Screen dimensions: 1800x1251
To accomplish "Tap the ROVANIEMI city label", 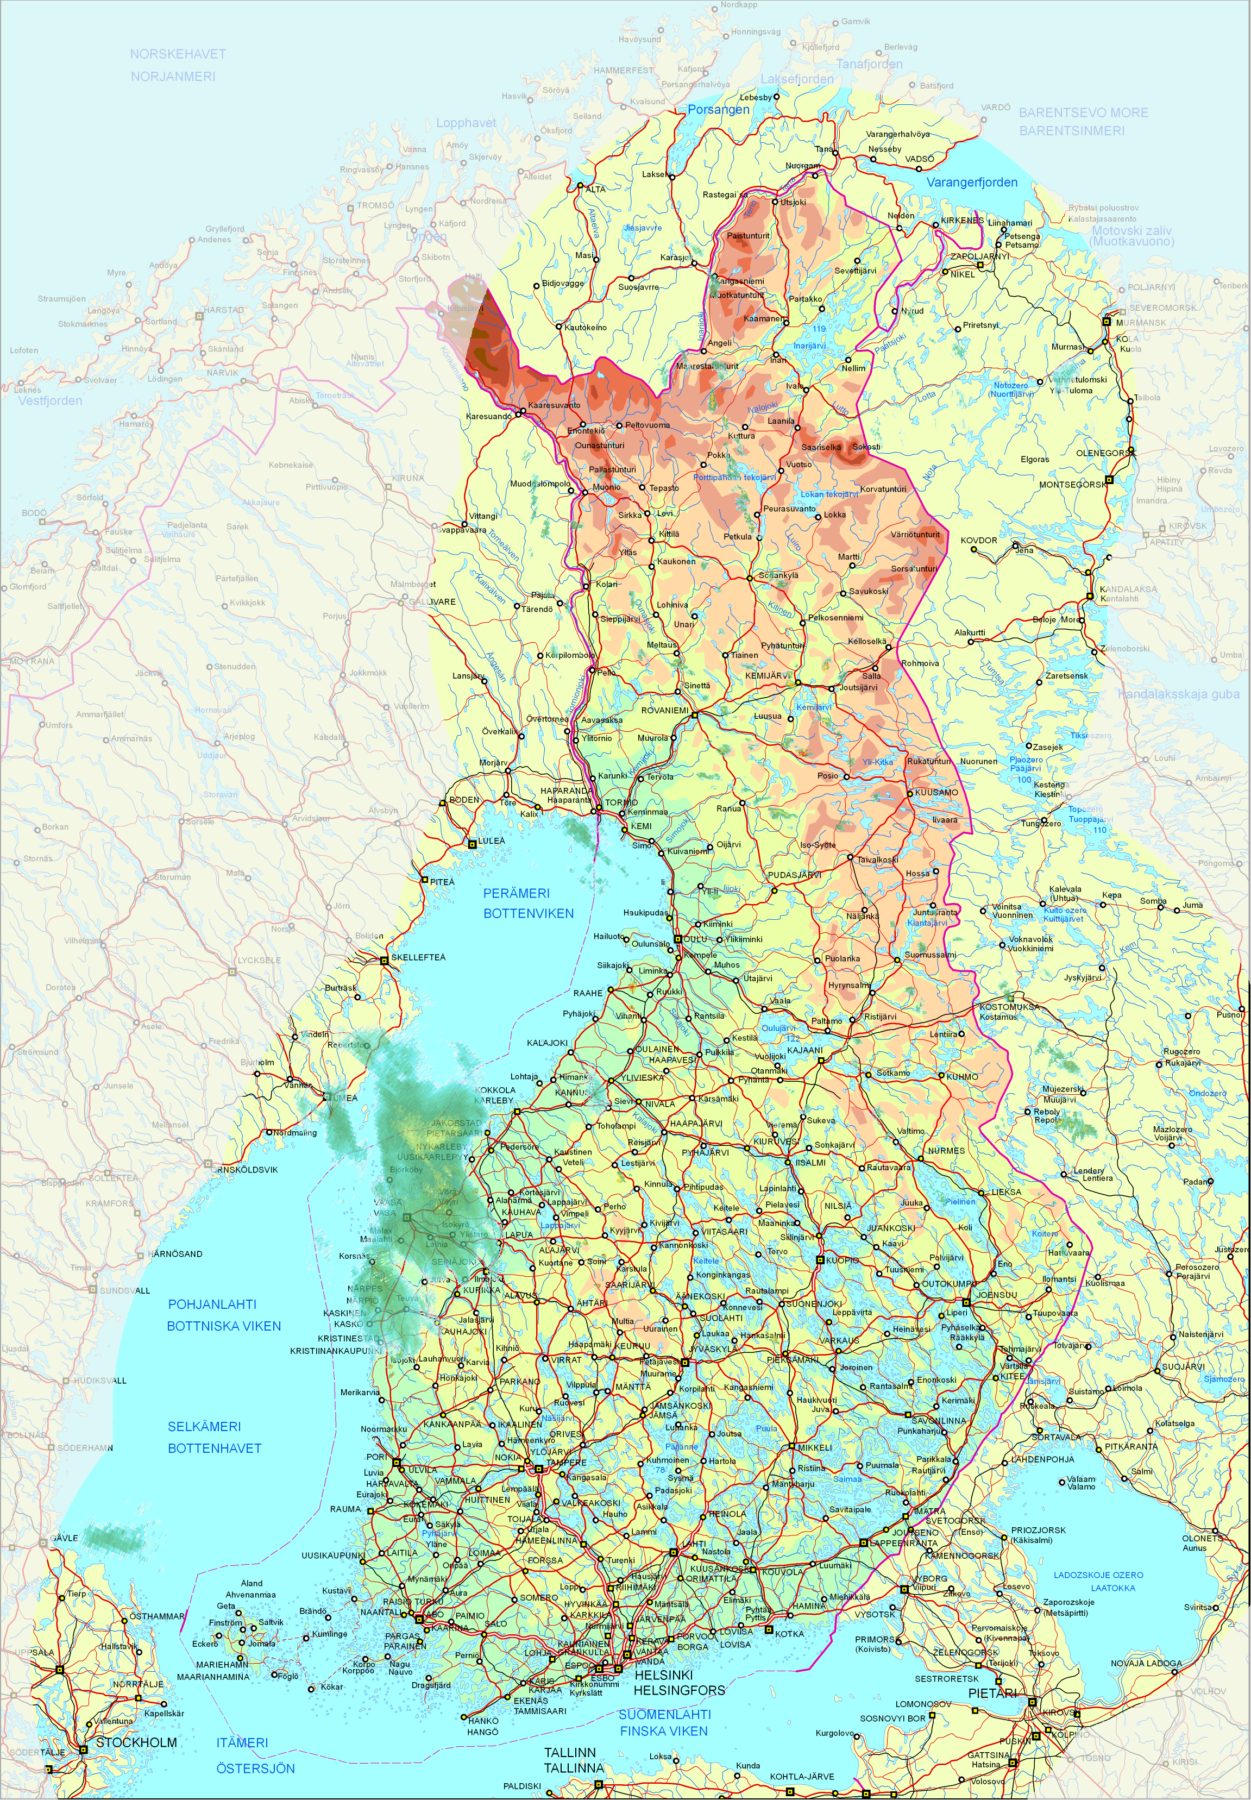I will click(665, 710).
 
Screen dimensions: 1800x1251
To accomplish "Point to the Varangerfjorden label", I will click(972, 183).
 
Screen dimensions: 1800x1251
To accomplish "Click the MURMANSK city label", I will click(1141, 322).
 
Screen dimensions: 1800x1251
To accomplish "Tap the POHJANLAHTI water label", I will click(212, 1304).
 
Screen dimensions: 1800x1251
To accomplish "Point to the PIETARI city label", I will click(992, 1694).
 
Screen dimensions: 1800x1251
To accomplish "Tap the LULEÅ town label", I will click(492, 841).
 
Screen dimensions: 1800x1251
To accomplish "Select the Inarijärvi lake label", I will click(810, 346).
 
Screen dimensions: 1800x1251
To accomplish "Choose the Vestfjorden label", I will click(50, 400).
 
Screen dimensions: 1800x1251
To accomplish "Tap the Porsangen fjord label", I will click(718, 110).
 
